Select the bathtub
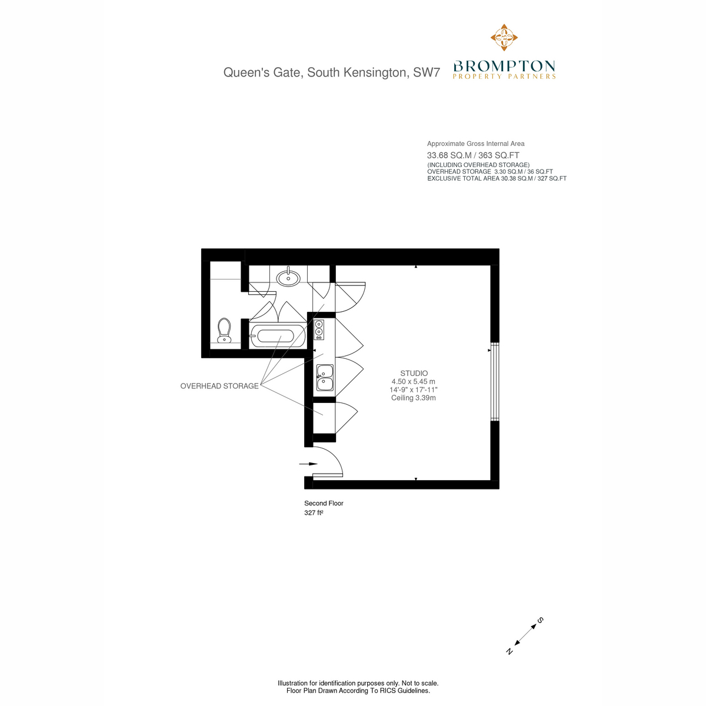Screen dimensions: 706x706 (277, 335)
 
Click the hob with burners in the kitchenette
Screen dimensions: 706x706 (319, 329)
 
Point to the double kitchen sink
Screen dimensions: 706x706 (325, 378)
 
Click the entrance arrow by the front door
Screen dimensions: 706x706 (308, 464)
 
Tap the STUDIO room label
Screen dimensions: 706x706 (414, 374)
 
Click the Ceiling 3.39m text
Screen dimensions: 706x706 (413, 398)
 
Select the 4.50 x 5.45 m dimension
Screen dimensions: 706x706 (413, 381)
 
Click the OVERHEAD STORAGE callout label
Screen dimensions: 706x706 (219, 386)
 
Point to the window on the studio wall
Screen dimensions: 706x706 (495, 381)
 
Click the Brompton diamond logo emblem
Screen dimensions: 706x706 (504, 38)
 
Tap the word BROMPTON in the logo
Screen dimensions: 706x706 (504, 66)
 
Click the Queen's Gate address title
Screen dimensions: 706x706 (332, 72)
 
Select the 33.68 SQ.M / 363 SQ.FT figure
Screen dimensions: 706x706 (473, 155)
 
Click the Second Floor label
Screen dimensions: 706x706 (324, 504)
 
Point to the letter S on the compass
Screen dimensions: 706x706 (540, 620)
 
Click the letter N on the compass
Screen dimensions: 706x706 (509, 651)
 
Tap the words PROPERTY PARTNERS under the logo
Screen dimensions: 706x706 (504, 76)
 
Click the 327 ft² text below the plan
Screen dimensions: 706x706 (314, 513)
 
